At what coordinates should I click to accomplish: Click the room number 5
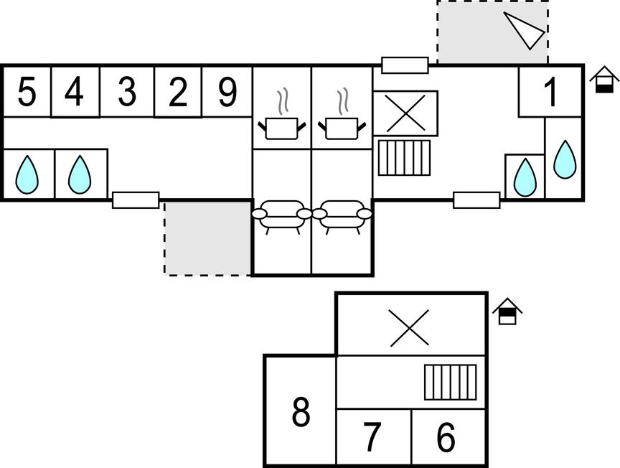pos(27,92)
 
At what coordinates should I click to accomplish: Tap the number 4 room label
pos(75,92)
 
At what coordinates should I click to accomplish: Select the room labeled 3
pos(126,92)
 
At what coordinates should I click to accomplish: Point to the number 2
pos(178,92)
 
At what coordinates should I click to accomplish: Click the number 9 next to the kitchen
pos(227,92)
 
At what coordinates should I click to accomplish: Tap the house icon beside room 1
pos(604,79)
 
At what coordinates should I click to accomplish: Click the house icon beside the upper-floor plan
pos(507,312)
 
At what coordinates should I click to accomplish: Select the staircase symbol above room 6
pos(450,382)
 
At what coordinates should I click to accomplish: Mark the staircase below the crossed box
pos(404,158)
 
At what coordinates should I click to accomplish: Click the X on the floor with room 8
pos(409,327)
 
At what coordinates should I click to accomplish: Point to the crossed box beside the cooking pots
pos(405,113)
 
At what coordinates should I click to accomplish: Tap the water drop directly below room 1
pos(565,159)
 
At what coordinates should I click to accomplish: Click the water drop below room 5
pos(27,175)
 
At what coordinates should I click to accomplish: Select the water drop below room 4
pos(79,175)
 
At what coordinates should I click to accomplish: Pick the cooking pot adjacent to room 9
pos(281,126)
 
